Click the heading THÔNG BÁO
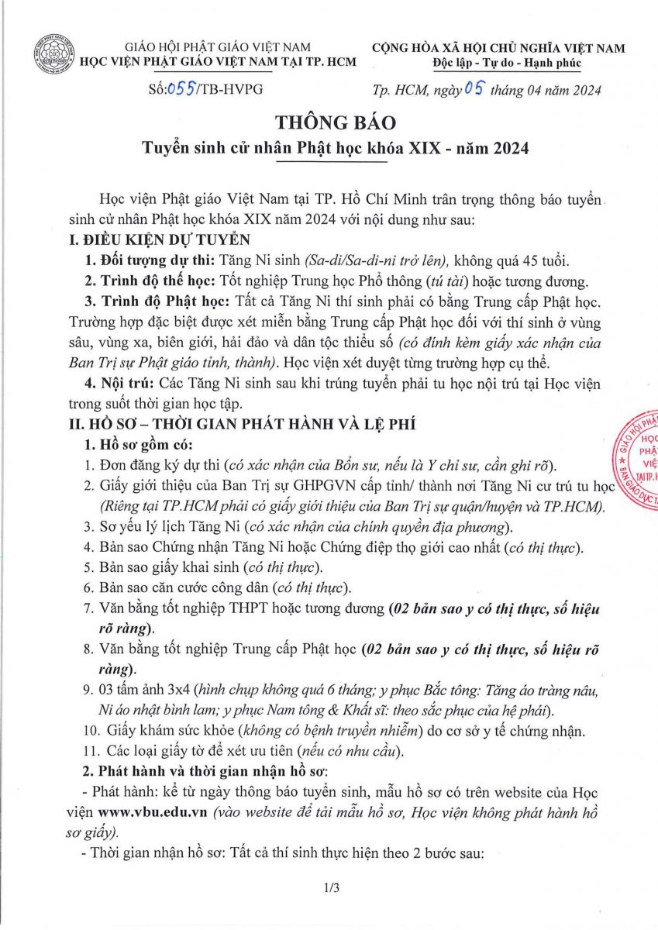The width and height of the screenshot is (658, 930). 336,122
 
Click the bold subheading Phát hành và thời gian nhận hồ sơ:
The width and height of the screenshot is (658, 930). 208,771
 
